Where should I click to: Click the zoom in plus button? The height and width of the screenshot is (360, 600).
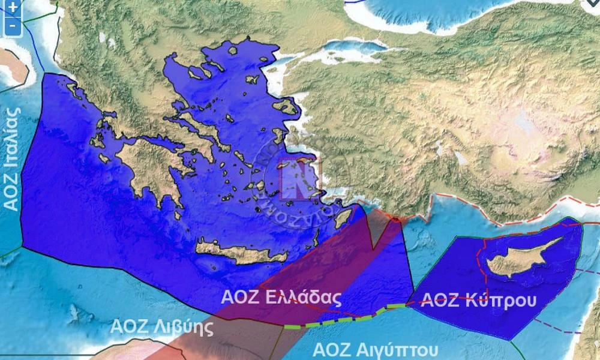(x=12, y=8)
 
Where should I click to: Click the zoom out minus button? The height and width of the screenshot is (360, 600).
(x=12, y=26)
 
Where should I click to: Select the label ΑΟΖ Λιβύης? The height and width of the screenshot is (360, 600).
(x=162, y=327)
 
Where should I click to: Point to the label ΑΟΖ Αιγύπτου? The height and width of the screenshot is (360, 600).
(x=376, y=349)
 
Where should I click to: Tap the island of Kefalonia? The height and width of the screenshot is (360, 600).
(x=98, y=142)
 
